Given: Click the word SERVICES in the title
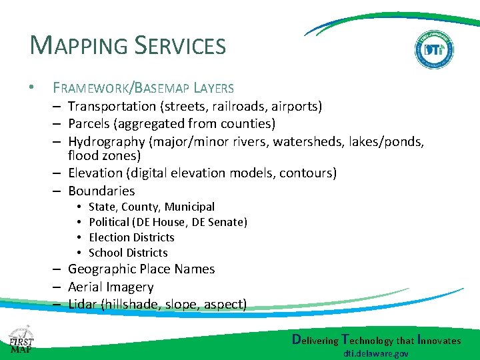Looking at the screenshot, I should [x=181, y=46].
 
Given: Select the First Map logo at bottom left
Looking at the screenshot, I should [x=21, y=339].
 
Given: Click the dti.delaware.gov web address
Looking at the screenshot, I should [x=377, y=354].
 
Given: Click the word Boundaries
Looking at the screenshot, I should [x=101, y=191].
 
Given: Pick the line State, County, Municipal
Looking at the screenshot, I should [x=151, y=207].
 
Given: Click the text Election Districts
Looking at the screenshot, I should [x=131, y=237].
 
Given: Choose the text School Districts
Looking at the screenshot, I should [x=128, y=253].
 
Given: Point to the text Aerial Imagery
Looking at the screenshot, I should [x=111, y=287].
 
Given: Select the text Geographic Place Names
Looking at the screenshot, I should [x=141, y=269].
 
